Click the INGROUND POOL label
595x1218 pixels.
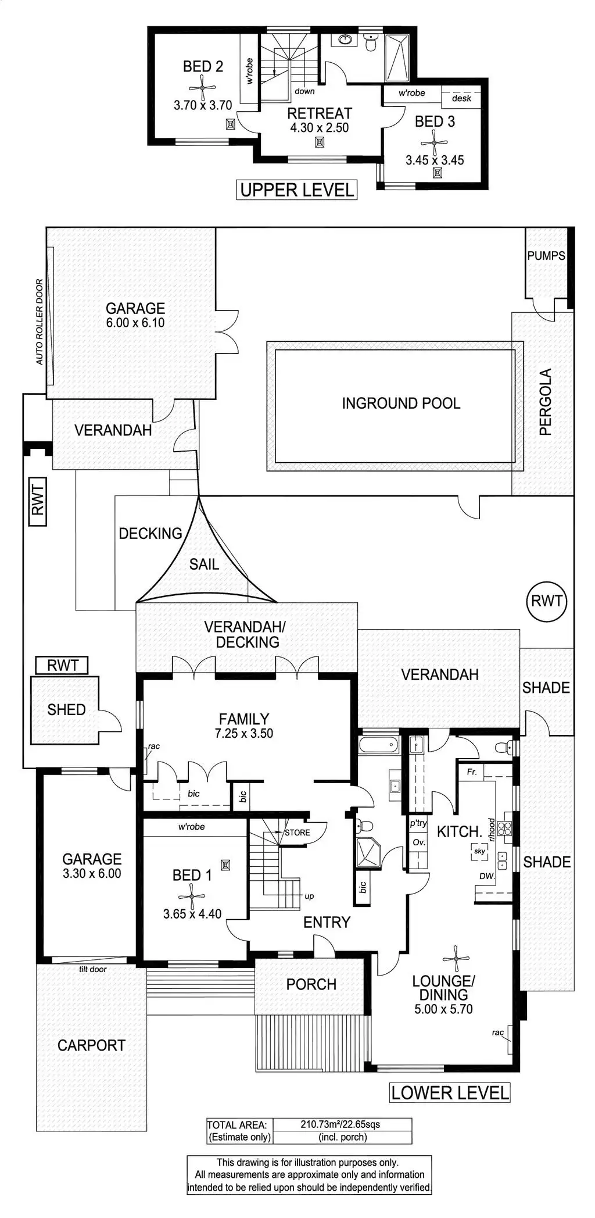401,403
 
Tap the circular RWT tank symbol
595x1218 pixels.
547,600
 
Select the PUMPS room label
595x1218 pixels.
546,255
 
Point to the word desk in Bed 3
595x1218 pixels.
461,98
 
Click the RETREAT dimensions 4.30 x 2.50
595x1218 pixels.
320,127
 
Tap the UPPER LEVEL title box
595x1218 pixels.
297,190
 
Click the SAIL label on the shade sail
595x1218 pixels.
204,564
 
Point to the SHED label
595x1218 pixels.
67,709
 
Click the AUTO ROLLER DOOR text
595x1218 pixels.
40,322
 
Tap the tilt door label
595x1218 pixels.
92,969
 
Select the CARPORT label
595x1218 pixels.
91,1045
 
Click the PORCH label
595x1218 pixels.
311,984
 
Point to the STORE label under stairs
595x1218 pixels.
297,833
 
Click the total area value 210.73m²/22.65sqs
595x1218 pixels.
340,1124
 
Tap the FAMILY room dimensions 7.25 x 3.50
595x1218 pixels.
244,733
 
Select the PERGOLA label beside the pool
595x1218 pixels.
544,402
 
